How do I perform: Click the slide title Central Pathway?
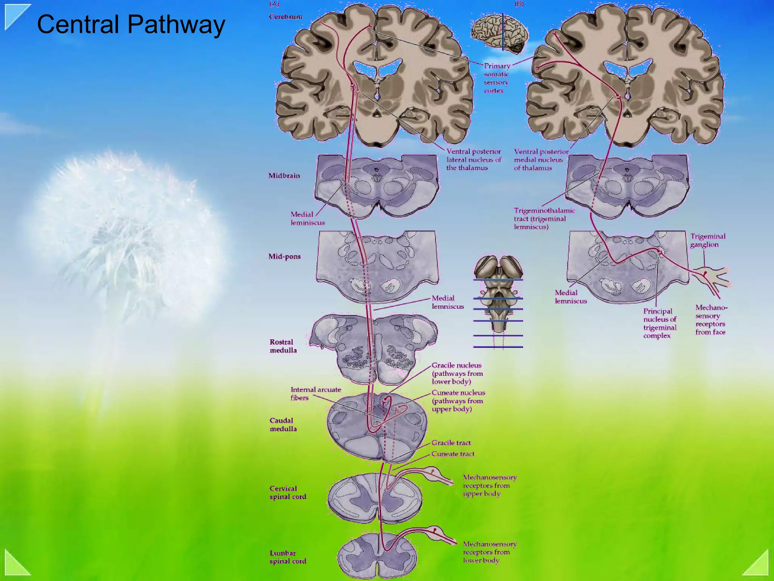pos(131,24)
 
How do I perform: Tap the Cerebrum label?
pos(285,17)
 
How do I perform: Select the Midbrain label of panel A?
pos(284,176)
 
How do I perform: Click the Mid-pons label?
pos(285,256)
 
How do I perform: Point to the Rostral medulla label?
pos(283,346)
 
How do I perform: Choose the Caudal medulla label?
pos(283,424)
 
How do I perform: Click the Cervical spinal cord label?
pos(288,492)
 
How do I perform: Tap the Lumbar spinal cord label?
pos(288,557)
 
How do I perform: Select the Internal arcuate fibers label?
pos(316,393)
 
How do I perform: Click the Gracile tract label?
pos(451,443)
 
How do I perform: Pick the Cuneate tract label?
pos(452,454)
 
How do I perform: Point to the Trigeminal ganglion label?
pos(707,240)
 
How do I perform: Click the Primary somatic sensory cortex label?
pos(497,78)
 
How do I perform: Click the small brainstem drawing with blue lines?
pos(498,299)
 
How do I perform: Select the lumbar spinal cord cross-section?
pos(377,555)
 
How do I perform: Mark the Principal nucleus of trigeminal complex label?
pos(659,323)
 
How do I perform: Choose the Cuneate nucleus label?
pos(458,401)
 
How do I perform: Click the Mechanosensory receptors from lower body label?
pos(489,552)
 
